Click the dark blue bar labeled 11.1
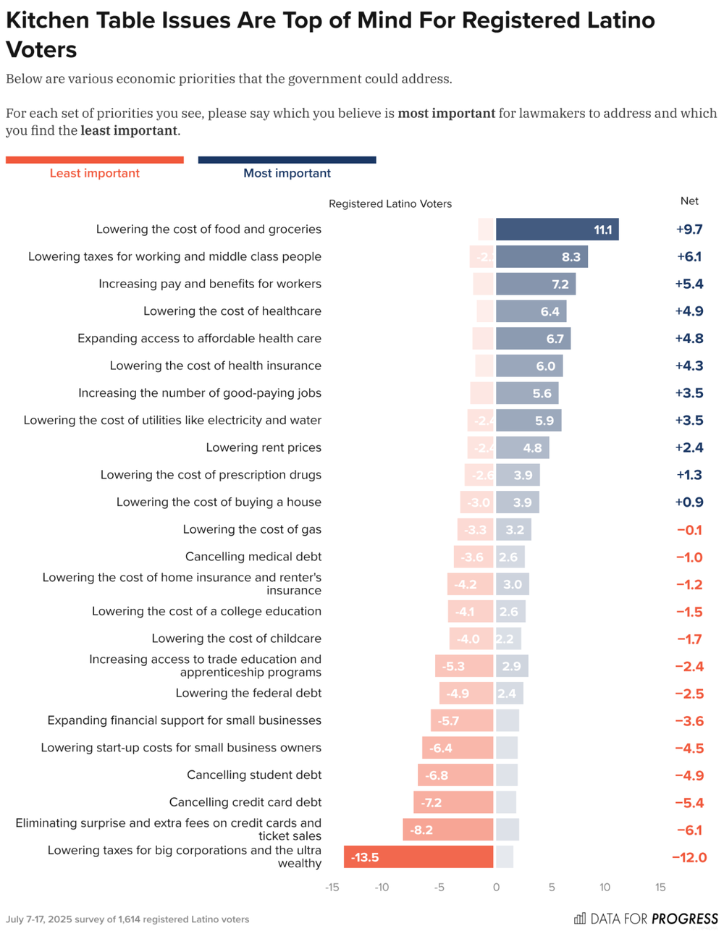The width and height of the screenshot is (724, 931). (557, 229)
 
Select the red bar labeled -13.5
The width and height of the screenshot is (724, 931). (418, 857)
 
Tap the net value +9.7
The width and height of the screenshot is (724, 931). (689, 229)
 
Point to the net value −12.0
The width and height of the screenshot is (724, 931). (689, 857)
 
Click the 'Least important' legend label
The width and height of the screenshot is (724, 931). (95, 173)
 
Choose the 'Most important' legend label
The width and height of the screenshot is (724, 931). (287, 173)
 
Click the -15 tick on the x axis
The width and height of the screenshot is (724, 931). (332, 888)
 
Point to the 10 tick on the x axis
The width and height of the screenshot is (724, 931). (605, 888)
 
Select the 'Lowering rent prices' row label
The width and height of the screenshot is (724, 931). (264, 447)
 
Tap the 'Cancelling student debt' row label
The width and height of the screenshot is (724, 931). (254, 775)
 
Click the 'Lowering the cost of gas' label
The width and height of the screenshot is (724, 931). (252, 529)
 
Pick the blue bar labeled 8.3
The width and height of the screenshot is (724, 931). (542, 256)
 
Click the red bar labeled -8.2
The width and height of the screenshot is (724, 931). (448, 830)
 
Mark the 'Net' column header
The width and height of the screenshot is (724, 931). (689, 201)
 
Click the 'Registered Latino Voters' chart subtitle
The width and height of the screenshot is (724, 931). (390, 204)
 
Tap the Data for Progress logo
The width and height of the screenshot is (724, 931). (646, 919)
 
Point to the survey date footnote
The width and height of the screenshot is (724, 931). (127, 919)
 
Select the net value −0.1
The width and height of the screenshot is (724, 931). (689, 530)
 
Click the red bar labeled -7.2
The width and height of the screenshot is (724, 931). (453, 802)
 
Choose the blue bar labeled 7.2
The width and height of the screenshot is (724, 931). (536, 284)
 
